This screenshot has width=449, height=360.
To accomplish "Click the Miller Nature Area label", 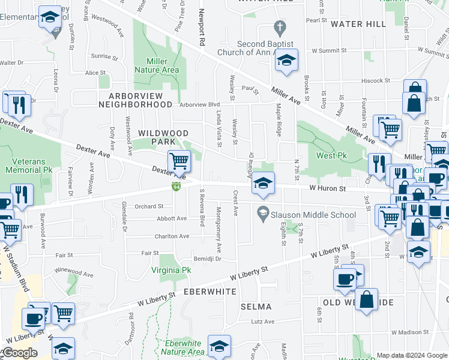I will pyautogui.click(x=162, y=65).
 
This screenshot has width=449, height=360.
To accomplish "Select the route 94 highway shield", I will pyautogui.click(x=176, y=188).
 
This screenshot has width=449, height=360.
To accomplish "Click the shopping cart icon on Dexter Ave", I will pyautogui.click(x=179, y=161).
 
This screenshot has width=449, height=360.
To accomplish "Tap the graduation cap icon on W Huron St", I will pyautogui.click(x=262, y=183).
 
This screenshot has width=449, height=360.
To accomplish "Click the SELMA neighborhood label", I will pyautogui.click(x=256, y=307).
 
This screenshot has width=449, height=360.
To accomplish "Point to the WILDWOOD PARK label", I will pyautogui.click(x=163, y=137).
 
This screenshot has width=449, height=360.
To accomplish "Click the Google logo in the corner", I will pyautogui.click(x=19, y=353).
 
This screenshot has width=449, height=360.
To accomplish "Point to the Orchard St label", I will pyautogui.click(x=149, y=206).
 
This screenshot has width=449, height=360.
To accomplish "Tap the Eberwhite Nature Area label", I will pyautogui.click(x=184, y=347).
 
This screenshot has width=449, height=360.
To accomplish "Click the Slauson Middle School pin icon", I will pyautogui.click(x=262, y=212).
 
